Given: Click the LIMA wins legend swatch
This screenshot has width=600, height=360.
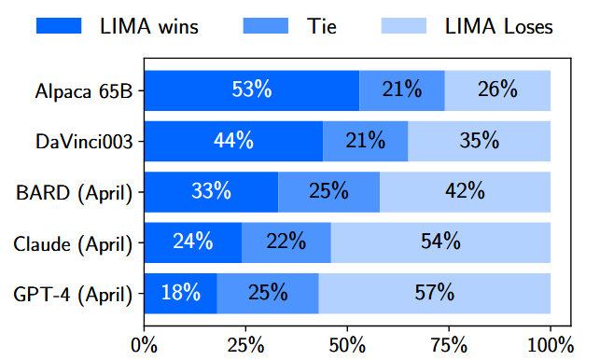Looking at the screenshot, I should click(x=62, y=25).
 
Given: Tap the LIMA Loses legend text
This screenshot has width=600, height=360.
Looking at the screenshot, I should click(x=498, y=26).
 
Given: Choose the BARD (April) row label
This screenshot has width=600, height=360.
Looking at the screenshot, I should click(x=79, y=192).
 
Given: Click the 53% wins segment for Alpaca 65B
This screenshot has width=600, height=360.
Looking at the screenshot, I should click(x=252, y=90).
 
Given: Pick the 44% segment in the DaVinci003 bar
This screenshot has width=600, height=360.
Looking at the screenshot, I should click(x=233, y=141).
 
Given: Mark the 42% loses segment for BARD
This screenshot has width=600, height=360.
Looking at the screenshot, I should click(x=465, y=192).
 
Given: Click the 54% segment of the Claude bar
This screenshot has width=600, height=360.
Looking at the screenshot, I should click(x=440, y=243).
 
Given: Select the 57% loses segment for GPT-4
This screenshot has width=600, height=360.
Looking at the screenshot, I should click(x=434, y=294).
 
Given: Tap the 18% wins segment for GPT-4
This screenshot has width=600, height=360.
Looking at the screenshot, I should click(x=181, y=294).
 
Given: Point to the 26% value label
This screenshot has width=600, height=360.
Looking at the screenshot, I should click(x=497, y=90).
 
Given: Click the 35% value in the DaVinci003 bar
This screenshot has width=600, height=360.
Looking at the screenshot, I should click(x=479, y=141).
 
